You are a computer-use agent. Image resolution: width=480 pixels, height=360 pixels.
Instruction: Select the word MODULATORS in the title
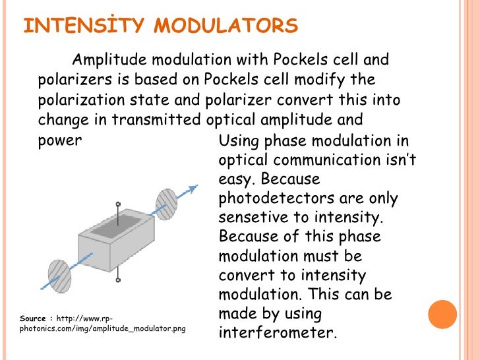coord(226,26)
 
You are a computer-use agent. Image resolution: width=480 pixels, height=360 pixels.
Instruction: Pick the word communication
coord(312,160)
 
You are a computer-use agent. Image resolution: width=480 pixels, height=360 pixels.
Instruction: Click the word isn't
coord(398,160)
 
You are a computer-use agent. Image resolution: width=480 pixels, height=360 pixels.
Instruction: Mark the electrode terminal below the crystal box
coord(118,280)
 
